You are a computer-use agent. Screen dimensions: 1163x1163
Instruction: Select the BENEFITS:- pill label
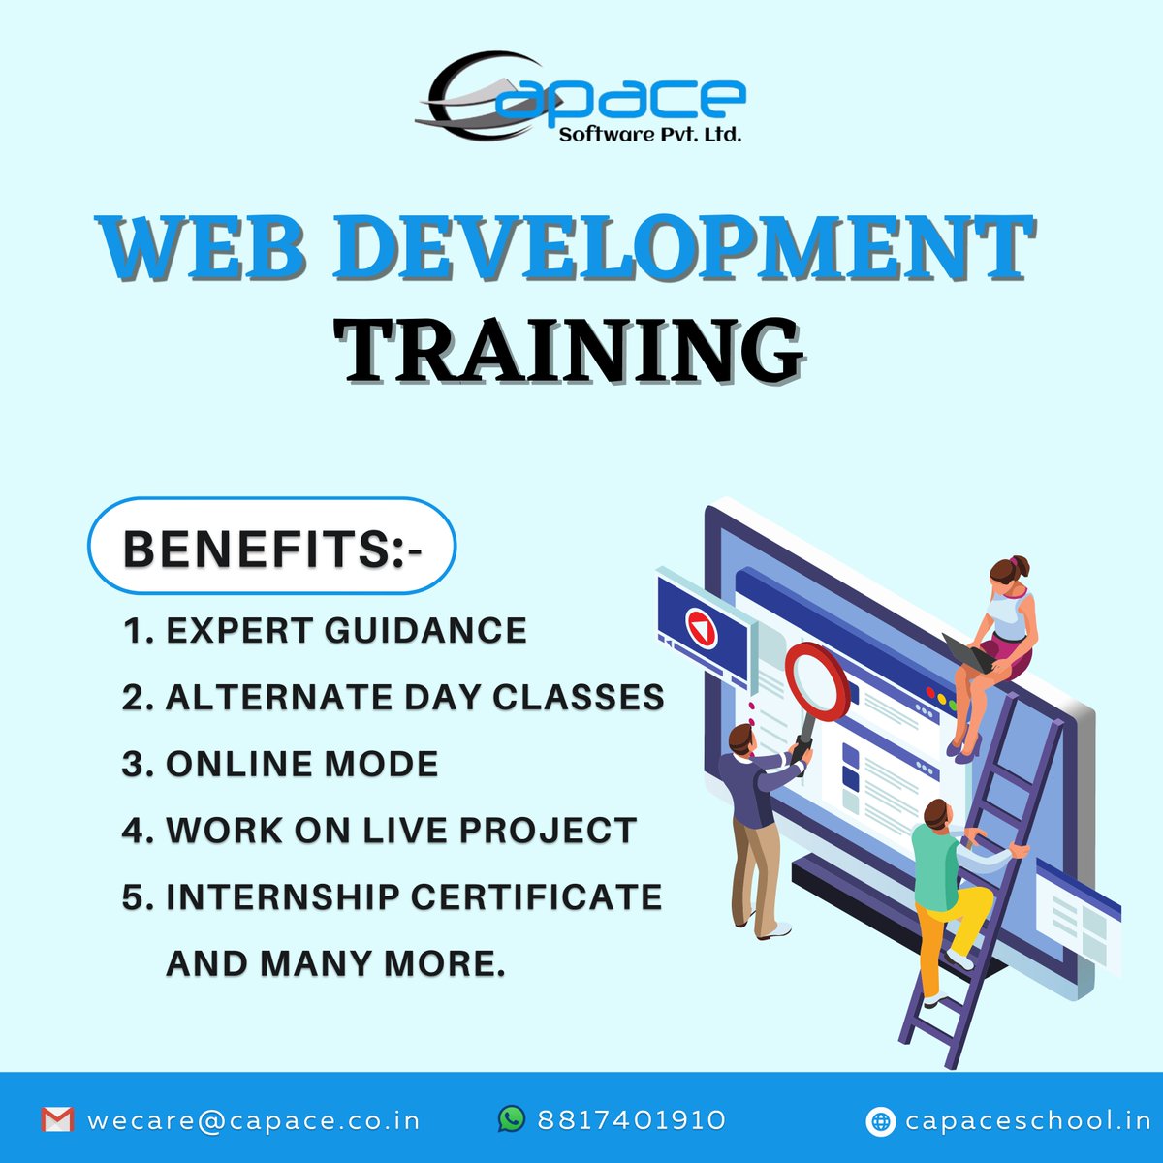pyautogui.click(x=272, y=547)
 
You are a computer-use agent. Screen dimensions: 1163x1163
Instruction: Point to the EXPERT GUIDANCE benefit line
pyautogui.click(x=325, y=631)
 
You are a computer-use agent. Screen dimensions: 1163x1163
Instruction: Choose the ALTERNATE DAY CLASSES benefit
pyautogui.click(x=393, y=697)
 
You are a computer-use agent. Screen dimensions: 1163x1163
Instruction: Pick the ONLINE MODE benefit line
pyautogui.click(x=280, y=764)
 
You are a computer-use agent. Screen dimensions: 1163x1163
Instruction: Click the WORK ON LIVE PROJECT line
pyautogui.click(x=379, y=831)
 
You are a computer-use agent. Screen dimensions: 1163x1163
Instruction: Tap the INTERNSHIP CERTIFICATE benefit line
pyautogui.click(x=392, y=896)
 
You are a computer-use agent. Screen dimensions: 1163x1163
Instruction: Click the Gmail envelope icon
pyautogui.click(x=57, y=1120)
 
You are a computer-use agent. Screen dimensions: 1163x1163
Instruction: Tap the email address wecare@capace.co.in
pyautogui.click(x=254, y=1120)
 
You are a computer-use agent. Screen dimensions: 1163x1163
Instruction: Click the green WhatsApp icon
pyautogui.click(x=511, y=1119)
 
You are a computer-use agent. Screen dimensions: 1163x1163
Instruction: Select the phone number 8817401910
pyautogui.click(x=631, y=1120)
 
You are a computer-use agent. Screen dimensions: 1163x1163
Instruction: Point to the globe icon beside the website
pyautogui.click(x=880, y=1121)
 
